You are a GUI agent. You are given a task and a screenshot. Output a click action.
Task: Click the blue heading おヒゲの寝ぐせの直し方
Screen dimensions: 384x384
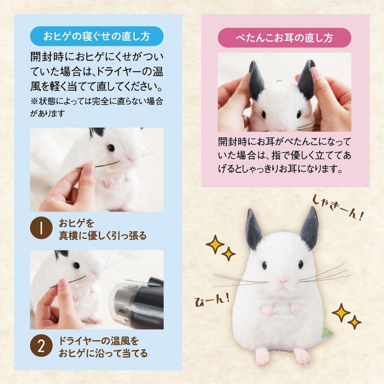[97, 37]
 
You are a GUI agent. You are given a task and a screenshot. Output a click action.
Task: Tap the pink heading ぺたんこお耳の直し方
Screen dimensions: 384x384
[284, 37]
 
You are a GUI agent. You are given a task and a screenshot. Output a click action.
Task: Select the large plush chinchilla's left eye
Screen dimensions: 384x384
[264, 265]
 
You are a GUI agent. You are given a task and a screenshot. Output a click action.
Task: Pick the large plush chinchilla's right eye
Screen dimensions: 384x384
[300, 264]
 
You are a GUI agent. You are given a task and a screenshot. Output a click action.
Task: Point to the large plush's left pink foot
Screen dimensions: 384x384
[262, 355]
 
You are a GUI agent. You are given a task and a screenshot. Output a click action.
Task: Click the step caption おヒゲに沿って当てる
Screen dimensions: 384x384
[103, 353]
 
